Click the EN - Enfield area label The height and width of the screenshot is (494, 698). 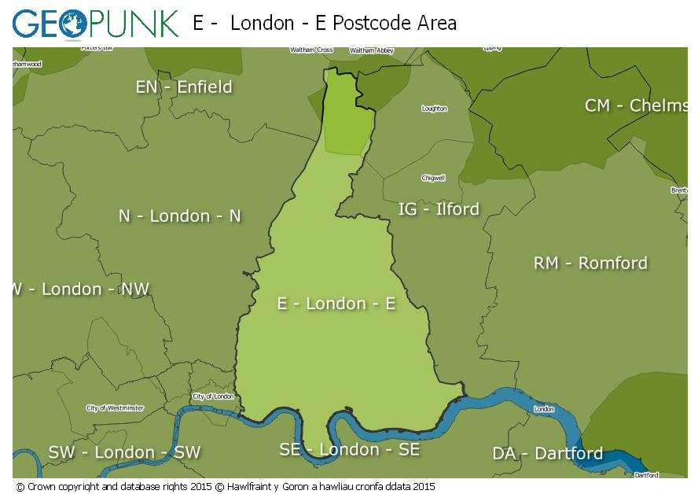(184, 87)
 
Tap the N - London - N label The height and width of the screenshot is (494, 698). (180, 216)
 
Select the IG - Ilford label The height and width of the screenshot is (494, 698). (439, 208)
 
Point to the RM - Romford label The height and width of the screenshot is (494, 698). (590, 263)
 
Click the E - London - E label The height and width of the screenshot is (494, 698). (336, 304)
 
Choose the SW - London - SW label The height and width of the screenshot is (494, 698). (124, 452)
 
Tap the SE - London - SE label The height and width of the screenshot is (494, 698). (349, 449)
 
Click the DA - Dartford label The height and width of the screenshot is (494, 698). (547, 453)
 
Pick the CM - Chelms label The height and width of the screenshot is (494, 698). (635, 105)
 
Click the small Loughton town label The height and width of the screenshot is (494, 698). (434, 109)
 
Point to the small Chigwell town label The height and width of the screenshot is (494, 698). (433, 178)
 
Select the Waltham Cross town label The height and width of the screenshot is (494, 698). (311, 50)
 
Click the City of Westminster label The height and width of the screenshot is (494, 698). (115, 408)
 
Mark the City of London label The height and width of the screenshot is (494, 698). (213, 396)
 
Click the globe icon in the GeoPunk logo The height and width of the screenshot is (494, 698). (68, 24)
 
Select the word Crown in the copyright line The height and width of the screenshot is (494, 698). (42, 487)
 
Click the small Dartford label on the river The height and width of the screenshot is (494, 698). (646, 475)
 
